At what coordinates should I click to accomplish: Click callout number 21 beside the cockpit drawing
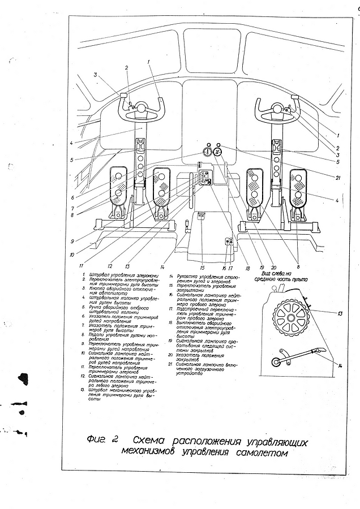[x=337, y=179]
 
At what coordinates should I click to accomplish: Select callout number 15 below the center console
[x=202, y=267]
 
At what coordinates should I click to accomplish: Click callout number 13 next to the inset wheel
[x=339, y=313]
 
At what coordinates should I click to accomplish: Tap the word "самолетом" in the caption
[x=260, y=452]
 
